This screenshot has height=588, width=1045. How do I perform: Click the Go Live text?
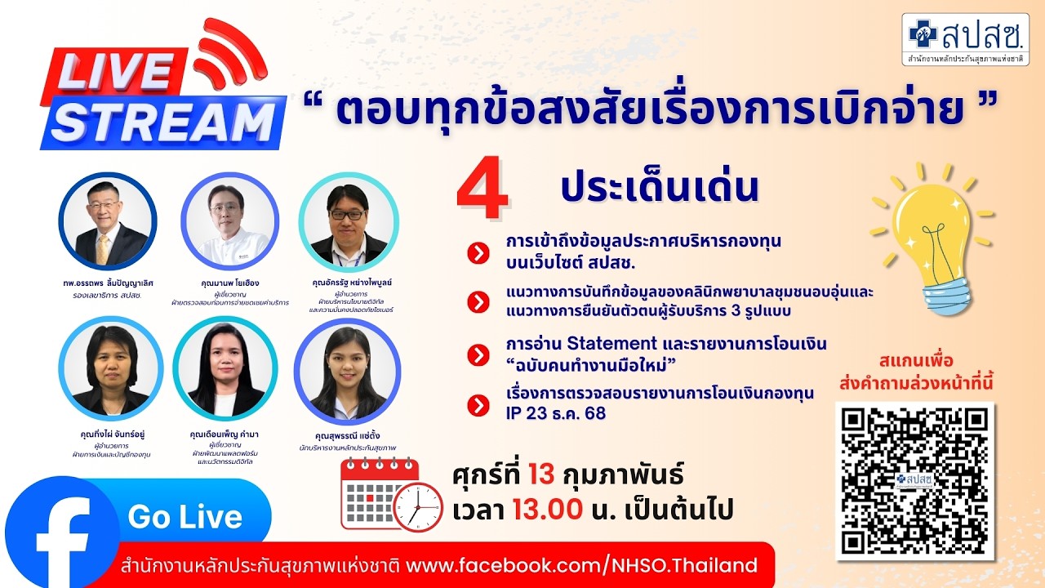tap(185, 517)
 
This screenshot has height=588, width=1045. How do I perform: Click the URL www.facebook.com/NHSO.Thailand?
tap(581, 565)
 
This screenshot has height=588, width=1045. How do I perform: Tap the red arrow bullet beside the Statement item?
tap(478, 355)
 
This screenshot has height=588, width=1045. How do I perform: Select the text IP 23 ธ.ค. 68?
tap(555, 412)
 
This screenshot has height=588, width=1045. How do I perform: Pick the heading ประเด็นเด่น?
tap(660, 187)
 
